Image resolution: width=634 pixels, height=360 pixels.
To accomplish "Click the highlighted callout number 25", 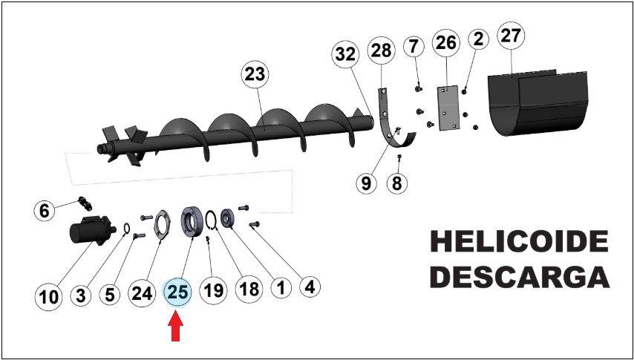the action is point(178,292).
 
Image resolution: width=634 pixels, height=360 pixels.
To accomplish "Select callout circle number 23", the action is point(255,74).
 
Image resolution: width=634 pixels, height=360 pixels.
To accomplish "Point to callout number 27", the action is point(511,36).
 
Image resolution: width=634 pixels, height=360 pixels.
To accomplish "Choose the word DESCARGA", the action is point(519,277).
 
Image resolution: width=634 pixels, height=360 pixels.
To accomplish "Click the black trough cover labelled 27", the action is point(538,104).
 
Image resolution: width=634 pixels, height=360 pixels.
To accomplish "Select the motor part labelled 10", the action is point(91,231).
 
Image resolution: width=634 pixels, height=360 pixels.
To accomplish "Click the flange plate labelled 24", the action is point(162,226).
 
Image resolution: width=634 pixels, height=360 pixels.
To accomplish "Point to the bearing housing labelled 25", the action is point(192,222).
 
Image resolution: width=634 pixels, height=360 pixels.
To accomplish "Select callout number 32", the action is point(345,55).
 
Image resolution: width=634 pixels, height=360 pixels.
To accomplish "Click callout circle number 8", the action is point(397,183).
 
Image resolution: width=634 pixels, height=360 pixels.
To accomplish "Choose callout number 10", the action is point(49,298).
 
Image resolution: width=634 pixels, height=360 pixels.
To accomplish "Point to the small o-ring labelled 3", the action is point(125,229).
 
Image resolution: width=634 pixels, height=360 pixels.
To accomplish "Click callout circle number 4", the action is point(310,287).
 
